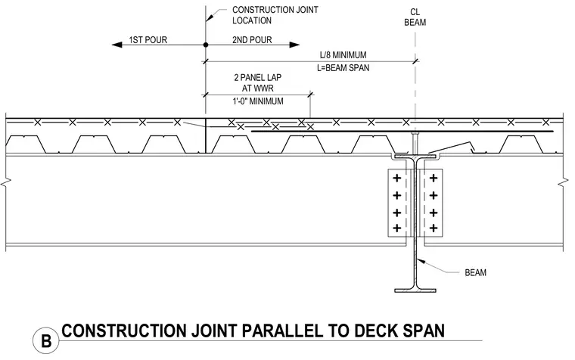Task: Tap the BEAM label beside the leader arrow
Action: click(x=475, y=273)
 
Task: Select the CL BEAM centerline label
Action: click(x=415, y=17)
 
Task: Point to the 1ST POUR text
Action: click(x=148, y=39)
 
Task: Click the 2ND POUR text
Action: click(x=252, y=39)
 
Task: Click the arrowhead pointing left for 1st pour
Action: click(x=117, y=45)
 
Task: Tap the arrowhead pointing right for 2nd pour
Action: click(x=294, y=45)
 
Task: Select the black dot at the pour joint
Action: click(x=206, y=45)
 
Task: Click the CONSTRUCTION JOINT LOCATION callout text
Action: click(x=275, y=15)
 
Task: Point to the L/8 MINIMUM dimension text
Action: click(x=343, y=55)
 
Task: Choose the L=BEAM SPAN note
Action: click(x=343, y=68)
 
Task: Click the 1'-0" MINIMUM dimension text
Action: click(x=258, y=101)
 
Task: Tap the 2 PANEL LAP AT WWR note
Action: click(x=258, y=83)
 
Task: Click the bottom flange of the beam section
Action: click(x=415, y=290)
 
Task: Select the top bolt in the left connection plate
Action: click(x=396, y=178)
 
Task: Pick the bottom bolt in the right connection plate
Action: click(x=434, y=228)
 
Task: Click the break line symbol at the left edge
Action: click(x=6, y=182)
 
